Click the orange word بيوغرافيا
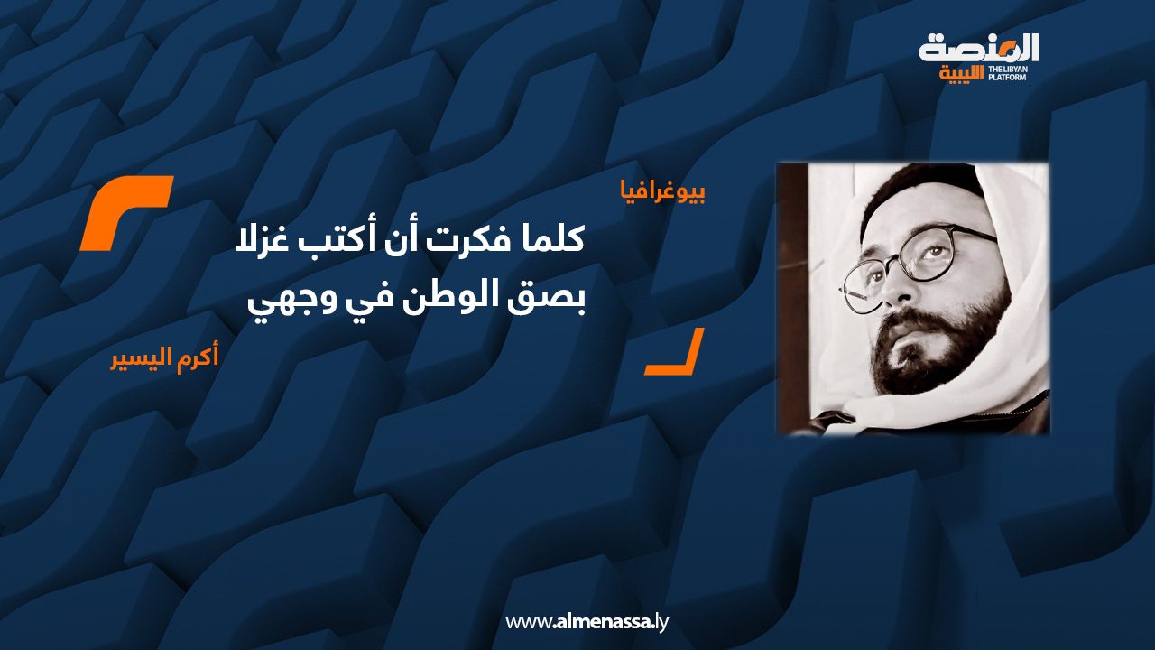tap(663, 193)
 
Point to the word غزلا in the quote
tap(263, 240)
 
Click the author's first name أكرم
tap(198, 358)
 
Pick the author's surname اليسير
tap(142, 359)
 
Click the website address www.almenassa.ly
tap(587, 622)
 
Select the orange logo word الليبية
tap(962, 74)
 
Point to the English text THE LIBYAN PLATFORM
tap(1006, 73)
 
